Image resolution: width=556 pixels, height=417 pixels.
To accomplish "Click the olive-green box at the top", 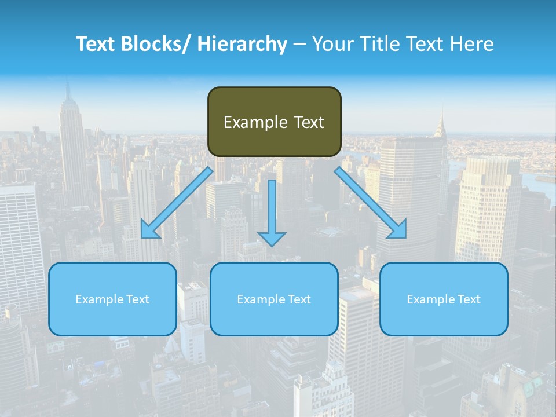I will pyautogui.click(x=274, y=122).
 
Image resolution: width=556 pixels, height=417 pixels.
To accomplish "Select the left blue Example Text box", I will pyautogui.click(x=112, y=299).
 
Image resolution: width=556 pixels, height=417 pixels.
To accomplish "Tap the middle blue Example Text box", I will pyautogui.click(x=274, y=299).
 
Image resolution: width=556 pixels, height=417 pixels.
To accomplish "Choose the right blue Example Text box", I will pyautogui.click(x=444, y=299).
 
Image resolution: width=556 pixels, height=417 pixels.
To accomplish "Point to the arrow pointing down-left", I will pyautogui.click(x=177, y=202).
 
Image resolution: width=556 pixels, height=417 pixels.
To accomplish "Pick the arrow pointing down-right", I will pyautogui.click(x=371, y=202).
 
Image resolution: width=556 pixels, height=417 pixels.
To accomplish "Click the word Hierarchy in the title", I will pyautogui.click(x=242, y=44).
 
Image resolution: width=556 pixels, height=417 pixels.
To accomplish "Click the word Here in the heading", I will pyautogui.click(x=472, y=44).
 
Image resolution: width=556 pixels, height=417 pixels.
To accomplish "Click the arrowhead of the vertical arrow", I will pyautogui.click(x=272, y=238).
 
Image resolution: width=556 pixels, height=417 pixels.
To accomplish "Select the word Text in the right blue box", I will pyautogui.click(x=469, y=299).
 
